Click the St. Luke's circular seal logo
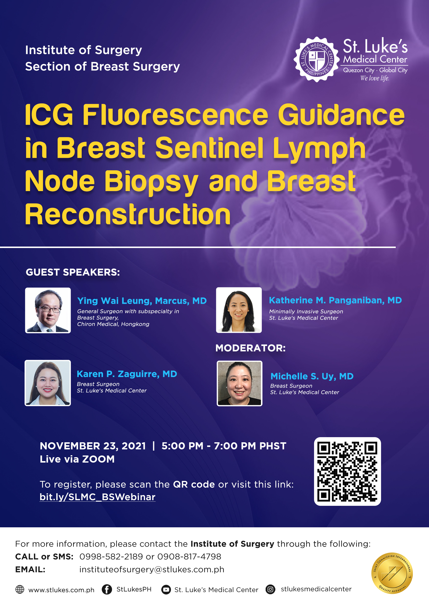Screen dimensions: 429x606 point(316,59)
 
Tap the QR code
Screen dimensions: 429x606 point(347,471)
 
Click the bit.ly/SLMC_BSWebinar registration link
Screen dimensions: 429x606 point(98,497)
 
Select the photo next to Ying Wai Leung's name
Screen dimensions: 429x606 point(48,310)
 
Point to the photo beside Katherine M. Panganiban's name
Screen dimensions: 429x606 point(239,310)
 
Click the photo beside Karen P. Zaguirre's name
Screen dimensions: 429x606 point(48,383)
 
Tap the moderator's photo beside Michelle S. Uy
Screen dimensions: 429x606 point(239,383)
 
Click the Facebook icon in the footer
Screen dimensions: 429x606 point(107,589)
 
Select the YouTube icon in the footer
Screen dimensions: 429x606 point(166,590)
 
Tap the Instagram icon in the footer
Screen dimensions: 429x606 point(270,589)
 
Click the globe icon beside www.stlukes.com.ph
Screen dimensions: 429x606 point(20,589)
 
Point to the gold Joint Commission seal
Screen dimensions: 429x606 point(392,573)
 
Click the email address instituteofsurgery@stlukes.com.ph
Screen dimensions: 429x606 point(152,570)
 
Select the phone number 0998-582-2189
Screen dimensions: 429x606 point(111,557)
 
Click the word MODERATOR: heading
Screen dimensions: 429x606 point(250,348)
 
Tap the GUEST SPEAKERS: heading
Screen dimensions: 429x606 point(73,272)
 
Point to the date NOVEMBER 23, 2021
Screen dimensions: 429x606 point(93,446)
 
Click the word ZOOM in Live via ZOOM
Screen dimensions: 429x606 point(98,459)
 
